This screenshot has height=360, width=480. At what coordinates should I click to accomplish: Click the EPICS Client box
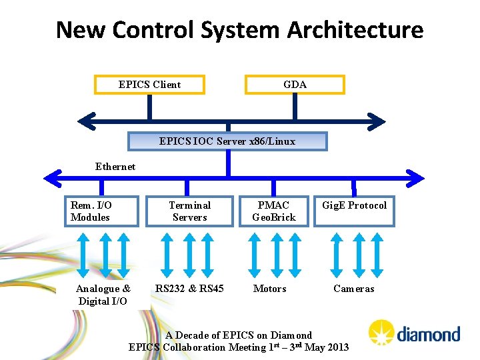[x=149, y=85]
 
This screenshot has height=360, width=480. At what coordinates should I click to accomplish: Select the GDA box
[x=295, y=85]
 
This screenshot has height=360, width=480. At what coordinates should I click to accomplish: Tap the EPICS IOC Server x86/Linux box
[x=227, y=141]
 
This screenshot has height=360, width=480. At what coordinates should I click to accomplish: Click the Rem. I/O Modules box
[x=101, y=211]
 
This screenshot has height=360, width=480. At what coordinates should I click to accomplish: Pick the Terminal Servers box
[x=189, y=211]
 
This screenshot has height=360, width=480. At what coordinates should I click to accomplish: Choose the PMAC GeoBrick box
[x=273, y=211]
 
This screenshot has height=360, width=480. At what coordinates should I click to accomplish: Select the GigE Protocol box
[x=354, y=211]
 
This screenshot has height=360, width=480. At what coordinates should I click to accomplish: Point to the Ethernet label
[x=115, y=167]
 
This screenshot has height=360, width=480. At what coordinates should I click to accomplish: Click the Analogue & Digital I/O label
[x=103, y=295]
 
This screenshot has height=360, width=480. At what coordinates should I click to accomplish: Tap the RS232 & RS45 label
[x=189, y=289]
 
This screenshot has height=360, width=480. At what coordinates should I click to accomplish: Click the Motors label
[x=270, y=289]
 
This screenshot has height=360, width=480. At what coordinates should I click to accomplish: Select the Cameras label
[x=353, y=289]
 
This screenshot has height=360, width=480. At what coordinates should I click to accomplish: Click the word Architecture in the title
[x=355, y=30]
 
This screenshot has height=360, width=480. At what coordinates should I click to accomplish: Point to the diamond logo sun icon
[x=381, y=333]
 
